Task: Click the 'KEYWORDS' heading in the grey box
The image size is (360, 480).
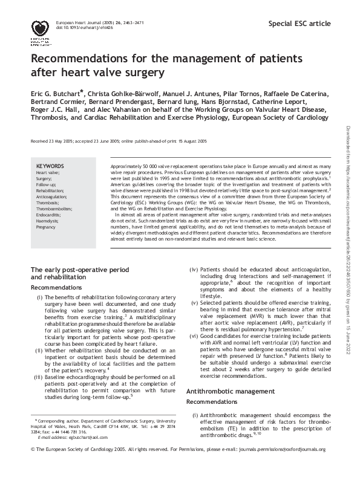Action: (x=50, y=166)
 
